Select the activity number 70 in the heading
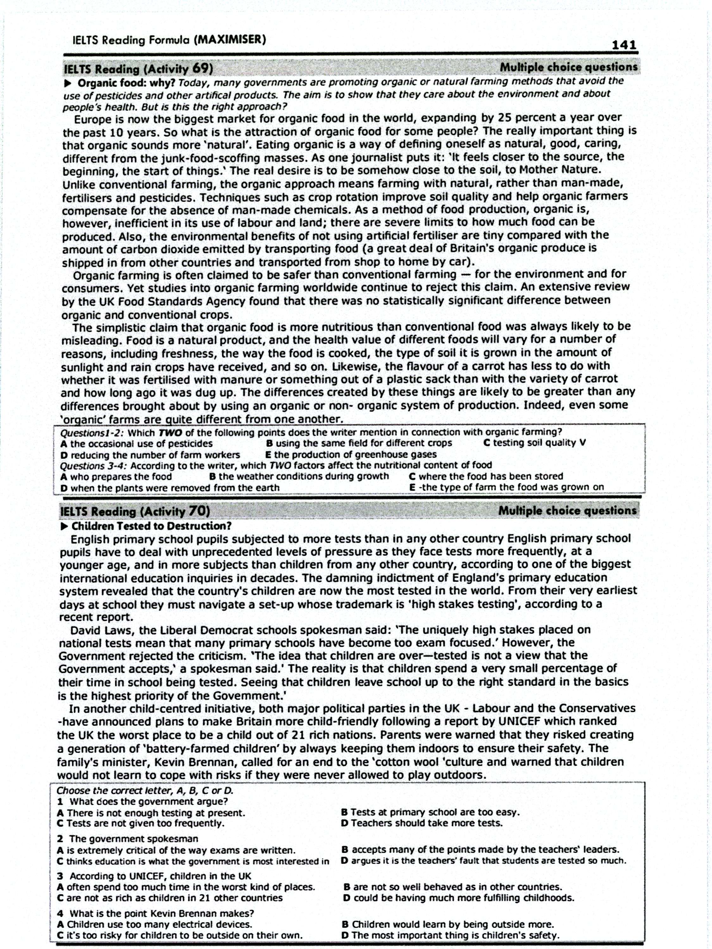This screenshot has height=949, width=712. click(x=199, y=511)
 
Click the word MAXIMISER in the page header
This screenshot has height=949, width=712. click(x=230, y=40)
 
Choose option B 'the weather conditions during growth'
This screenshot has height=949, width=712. click(x=299, y=476)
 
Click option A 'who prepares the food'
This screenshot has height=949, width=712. click(x=116, y=477)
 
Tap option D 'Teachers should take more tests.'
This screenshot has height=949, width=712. click(x=422, y=823)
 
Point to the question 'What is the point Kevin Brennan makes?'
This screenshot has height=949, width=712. click(x=161, y=913)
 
